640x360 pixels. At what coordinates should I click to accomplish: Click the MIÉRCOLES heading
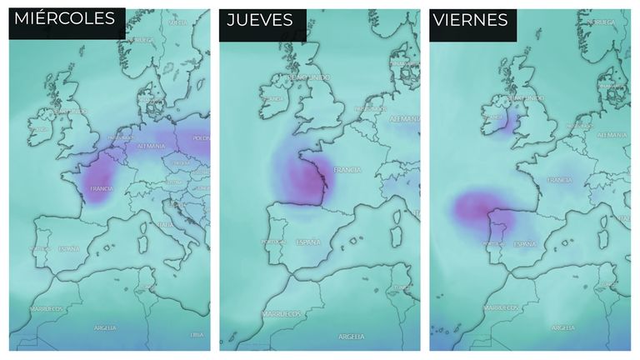(65, 19)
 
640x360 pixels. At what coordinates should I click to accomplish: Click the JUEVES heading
(260, 19)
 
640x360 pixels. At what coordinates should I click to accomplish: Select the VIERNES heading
(469, 19)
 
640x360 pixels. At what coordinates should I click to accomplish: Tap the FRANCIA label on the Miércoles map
(101, 189)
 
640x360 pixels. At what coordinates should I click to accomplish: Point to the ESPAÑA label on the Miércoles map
(69, 248)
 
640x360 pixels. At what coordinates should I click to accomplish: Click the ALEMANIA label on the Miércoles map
(152, 145)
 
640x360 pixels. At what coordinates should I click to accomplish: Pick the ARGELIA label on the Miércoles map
(106, 327)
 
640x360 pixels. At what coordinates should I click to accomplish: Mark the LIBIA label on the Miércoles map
(197, 334)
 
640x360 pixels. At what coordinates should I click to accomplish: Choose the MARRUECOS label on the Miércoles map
(47, 308)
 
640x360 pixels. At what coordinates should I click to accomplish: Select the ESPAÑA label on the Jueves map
(307, 242)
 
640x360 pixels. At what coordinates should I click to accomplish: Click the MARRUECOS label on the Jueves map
(280, 314)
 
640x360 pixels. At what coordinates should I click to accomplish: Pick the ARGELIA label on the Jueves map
(351, 336)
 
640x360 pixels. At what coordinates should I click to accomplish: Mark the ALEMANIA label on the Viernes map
(612, 133)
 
